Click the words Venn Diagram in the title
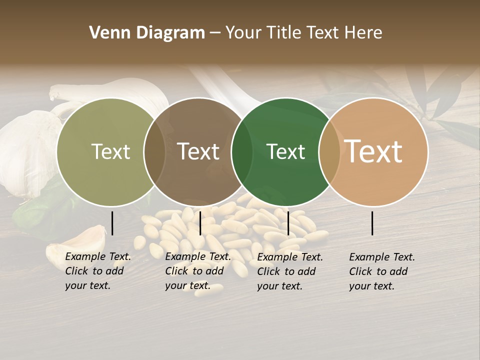tap(147, 33)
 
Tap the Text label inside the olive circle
tap(110, 152)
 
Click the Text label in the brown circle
tap(198, 152)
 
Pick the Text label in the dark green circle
tap(285, 152)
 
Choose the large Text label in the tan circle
tap(373, 151)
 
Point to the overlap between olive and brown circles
tap(154, 152)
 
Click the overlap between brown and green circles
tap(242, 152)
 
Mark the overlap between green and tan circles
tap(329, 152)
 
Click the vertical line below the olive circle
tap(112, 223)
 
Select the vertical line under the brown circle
tap(200, 223)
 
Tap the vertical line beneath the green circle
tap(288, 223)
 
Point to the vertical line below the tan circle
tap(372, 223)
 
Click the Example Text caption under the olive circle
tap(97, 271)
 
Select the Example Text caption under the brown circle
tap(197, 271)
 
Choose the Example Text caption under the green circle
tap(289, 271)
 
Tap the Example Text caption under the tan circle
tap(381, 271)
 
